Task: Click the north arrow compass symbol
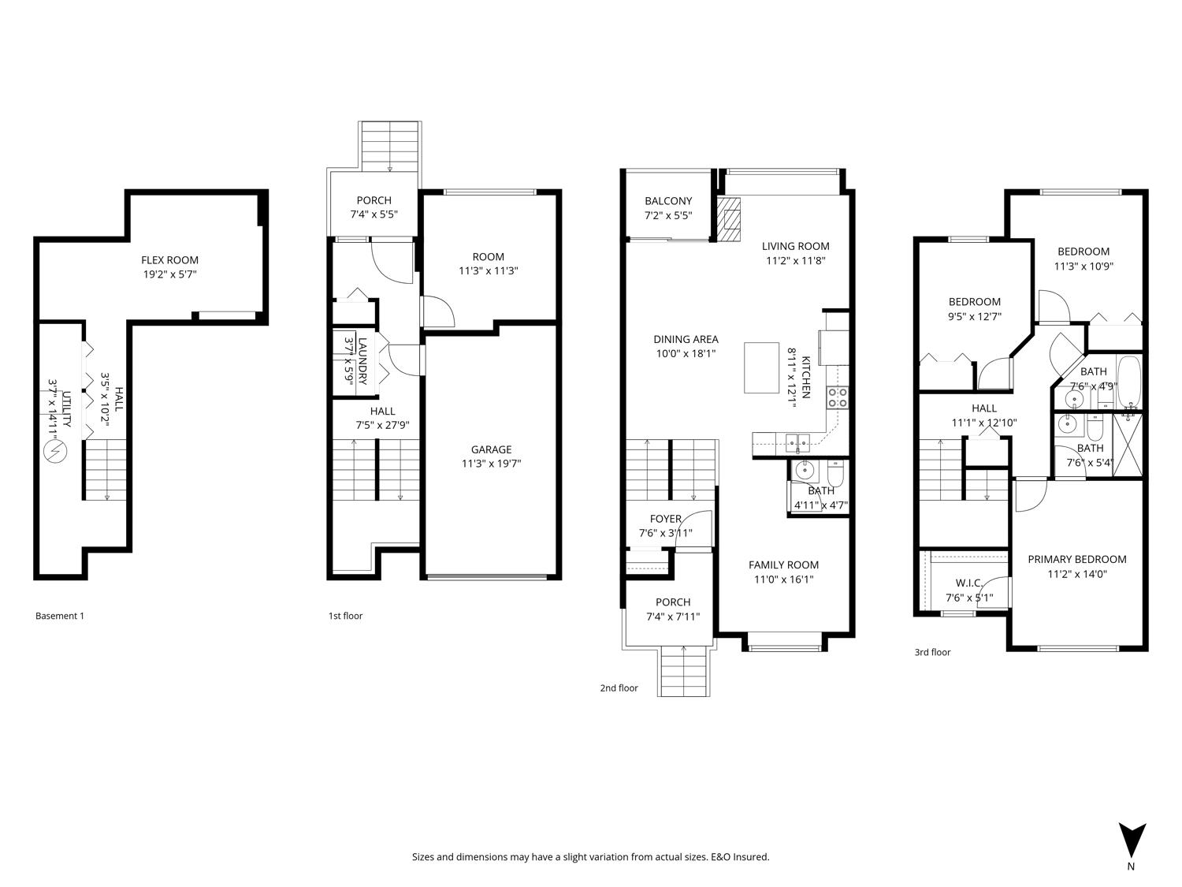[1132, 840]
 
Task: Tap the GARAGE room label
[491, 449]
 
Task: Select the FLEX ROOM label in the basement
[169, 260]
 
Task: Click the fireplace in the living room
[729, 218]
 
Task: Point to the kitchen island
[761, 367]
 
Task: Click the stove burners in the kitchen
[837, 397]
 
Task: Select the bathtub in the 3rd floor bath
[1130, 382]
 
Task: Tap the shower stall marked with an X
[1128, 444]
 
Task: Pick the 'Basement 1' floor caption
[60, 616]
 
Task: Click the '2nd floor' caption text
[619, 688]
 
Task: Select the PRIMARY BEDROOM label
[1076, 559]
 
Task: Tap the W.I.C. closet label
[968, 583]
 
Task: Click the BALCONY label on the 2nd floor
[668, 201]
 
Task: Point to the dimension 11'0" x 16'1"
[783, 580]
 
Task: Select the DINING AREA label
[686, 340]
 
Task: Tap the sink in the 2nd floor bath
[804, 472]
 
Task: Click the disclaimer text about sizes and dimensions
[590, 857]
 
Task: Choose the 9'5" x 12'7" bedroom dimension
[975, 317]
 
